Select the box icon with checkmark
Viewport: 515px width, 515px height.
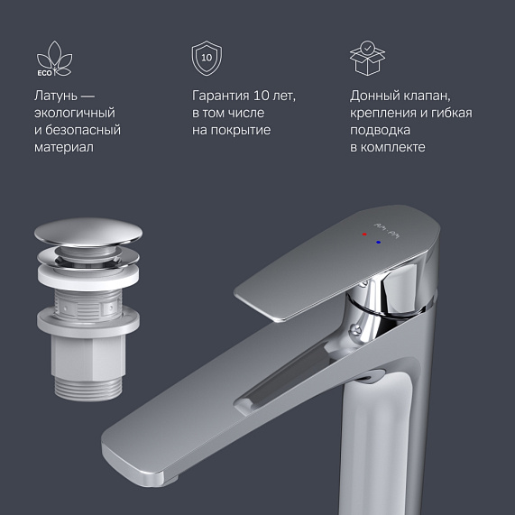tap(366, 57)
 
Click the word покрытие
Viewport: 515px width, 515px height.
tap(242, 130)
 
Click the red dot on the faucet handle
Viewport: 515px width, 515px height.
tap(364, 234)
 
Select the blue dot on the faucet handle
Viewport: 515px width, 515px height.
tap(379, 242)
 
